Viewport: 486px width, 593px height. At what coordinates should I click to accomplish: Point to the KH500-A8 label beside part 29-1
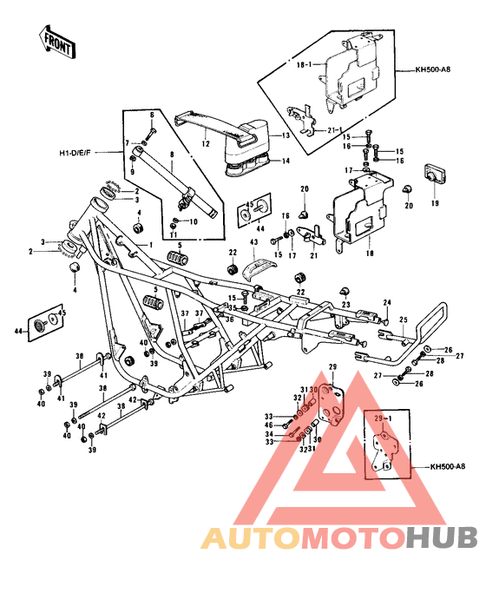point(447,467)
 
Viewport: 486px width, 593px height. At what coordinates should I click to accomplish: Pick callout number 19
point(434,203)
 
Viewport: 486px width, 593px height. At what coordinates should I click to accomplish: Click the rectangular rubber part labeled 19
point(433,175)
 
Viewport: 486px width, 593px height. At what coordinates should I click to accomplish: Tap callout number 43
point(254,242)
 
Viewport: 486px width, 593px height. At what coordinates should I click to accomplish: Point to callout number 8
point(172,155)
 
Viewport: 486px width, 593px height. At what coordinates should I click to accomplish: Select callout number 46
point(270,425)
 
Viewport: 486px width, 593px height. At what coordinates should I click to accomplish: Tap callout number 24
point(388,303)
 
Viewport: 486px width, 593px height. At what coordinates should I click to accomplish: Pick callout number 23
point(345,305)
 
